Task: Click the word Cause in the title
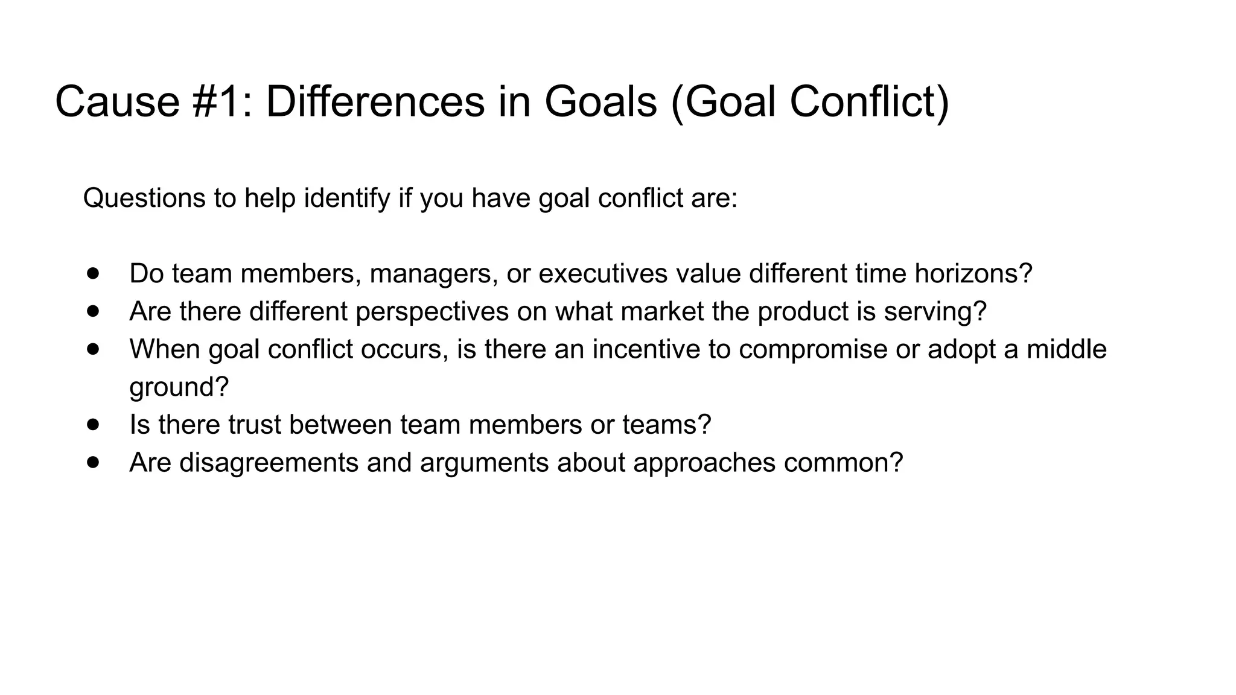(117, 101)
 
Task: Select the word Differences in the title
(375, 101)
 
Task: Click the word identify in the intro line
(347, 198)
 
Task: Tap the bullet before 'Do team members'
(92, 273)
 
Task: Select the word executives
(603, 273)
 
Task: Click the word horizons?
(973, 273)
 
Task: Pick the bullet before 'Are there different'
(92, 311)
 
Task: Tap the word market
(662, 311)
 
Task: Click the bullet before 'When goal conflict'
(92, 349)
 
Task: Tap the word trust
(254, 425)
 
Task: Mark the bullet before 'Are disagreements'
(92, 463)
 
